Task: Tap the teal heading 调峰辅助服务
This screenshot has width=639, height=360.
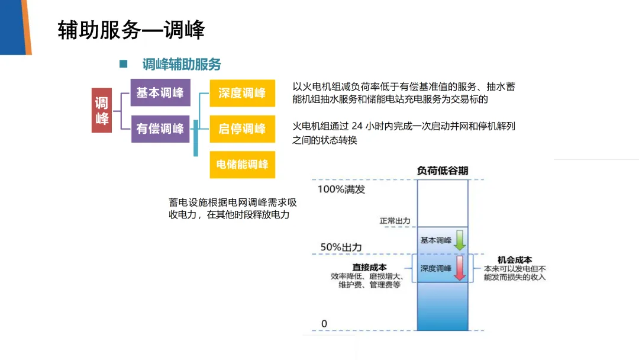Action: pos(182,64)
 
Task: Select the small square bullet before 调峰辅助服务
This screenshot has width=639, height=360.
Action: pos(124,63)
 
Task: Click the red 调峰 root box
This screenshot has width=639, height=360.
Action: pos(102,111)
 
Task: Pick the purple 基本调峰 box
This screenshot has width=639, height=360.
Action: pos(160,92)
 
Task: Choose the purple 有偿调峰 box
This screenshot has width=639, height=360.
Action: pos(160,128)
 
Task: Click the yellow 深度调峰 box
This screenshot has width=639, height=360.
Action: pos(242,93)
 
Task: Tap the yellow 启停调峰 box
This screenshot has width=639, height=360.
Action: pos(242,128)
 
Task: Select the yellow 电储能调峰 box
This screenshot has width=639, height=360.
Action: pos(242,164)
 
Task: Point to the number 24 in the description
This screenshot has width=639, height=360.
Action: pos(356,126)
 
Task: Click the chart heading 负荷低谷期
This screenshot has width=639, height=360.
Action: pos(443,171)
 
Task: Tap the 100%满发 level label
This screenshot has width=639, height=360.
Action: pos(341,189)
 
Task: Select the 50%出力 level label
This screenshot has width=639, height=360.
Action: pos(340,247)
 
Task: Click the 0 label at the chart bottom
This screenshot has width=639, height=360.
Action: pos(324,323)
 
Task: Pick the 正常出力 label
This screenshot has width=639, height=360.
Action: pos(395,221)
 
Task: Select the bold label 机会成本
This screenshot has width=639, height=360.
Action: pos(515,259)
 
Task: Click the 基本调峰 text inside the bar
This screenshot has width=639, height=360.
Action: pos(435,240)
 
